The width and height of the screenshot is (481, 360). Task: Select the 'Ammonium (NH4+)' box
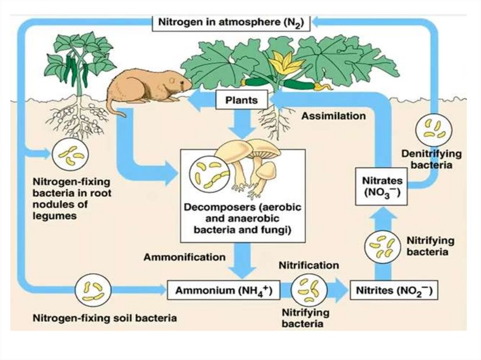coord(220,291)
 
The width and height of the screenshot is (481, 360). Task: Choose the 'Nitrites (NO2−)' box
coord(394,291)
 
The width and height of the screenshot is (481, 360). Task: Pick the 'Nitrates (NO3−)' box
coord(382,186)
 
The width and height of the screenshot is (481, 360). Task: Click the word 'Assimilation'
coord(333,115)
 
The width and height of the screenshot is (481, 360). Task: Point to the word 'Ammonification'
coord(185,257)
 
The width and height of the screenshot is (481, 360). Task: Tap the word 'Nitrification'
coord(309,265)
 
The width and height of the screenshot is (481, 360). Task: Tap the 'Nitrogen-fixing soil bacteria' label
coord(104,318)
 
